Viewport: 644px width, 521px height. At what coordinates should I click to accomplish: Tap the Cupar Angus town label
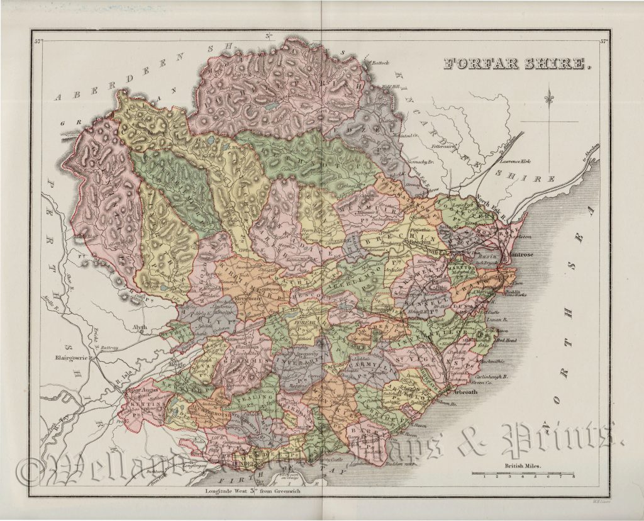(x=136, y=390)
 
